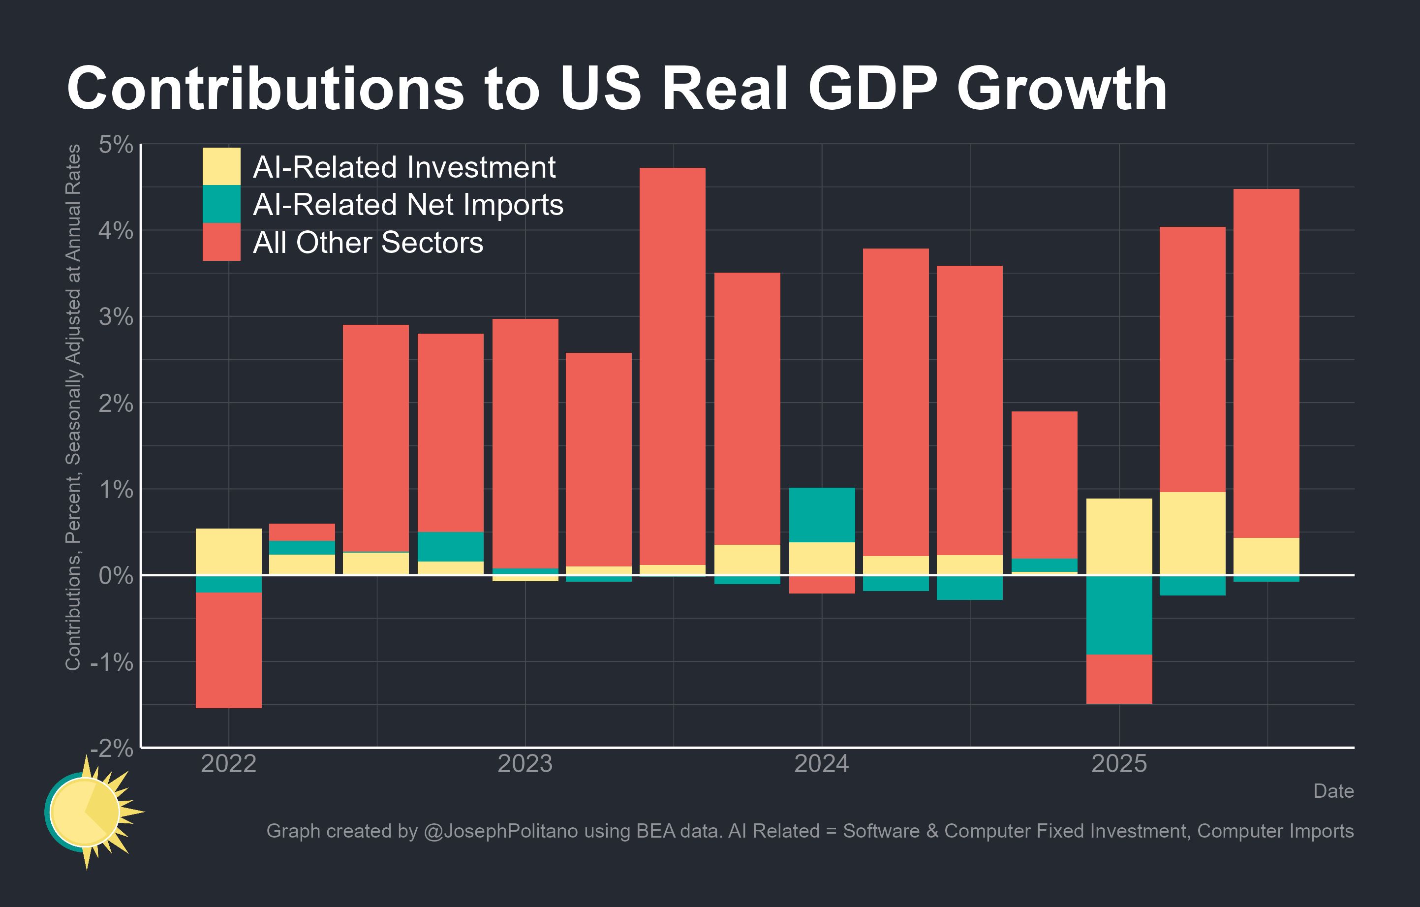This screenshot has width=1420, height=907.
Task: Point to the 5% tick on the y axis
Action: pos(116,145)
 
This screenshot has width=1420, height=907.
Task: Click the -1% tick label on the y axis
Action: pos(112,662)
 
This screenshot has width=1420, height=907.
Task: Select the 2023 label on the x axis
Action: pos(525,764)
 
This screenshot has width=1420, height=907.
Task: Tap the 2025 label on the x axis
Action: pos(1119,764)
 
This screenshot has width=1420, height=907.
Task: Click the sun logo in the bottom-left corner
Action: pos(89,812)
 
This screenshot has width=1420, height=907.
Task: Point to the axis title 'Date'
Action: pos(1333,791)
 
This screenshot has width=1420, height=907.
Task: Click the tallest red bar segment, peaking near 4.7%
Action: pos(672,366)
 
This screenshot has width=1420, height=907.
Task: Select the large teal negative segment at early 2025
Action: pos(1119,615)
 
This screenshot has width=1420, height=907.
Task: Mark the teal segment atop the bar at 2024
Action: pos(822,515)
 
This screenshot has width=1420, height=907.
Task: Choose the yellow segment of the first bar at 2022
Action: pos(228,551)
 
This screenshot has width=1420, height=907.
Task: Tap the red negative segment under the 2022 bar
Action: pos(228,650)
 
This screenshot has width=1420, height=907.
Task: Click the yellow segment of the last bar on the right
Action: pos(1266,556)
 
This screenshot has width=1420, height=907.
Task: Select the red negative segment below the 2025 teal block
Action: pos(1119,679)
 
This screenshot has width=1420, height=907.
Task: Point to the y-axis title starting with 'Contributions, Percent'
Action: pos(73,407)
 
